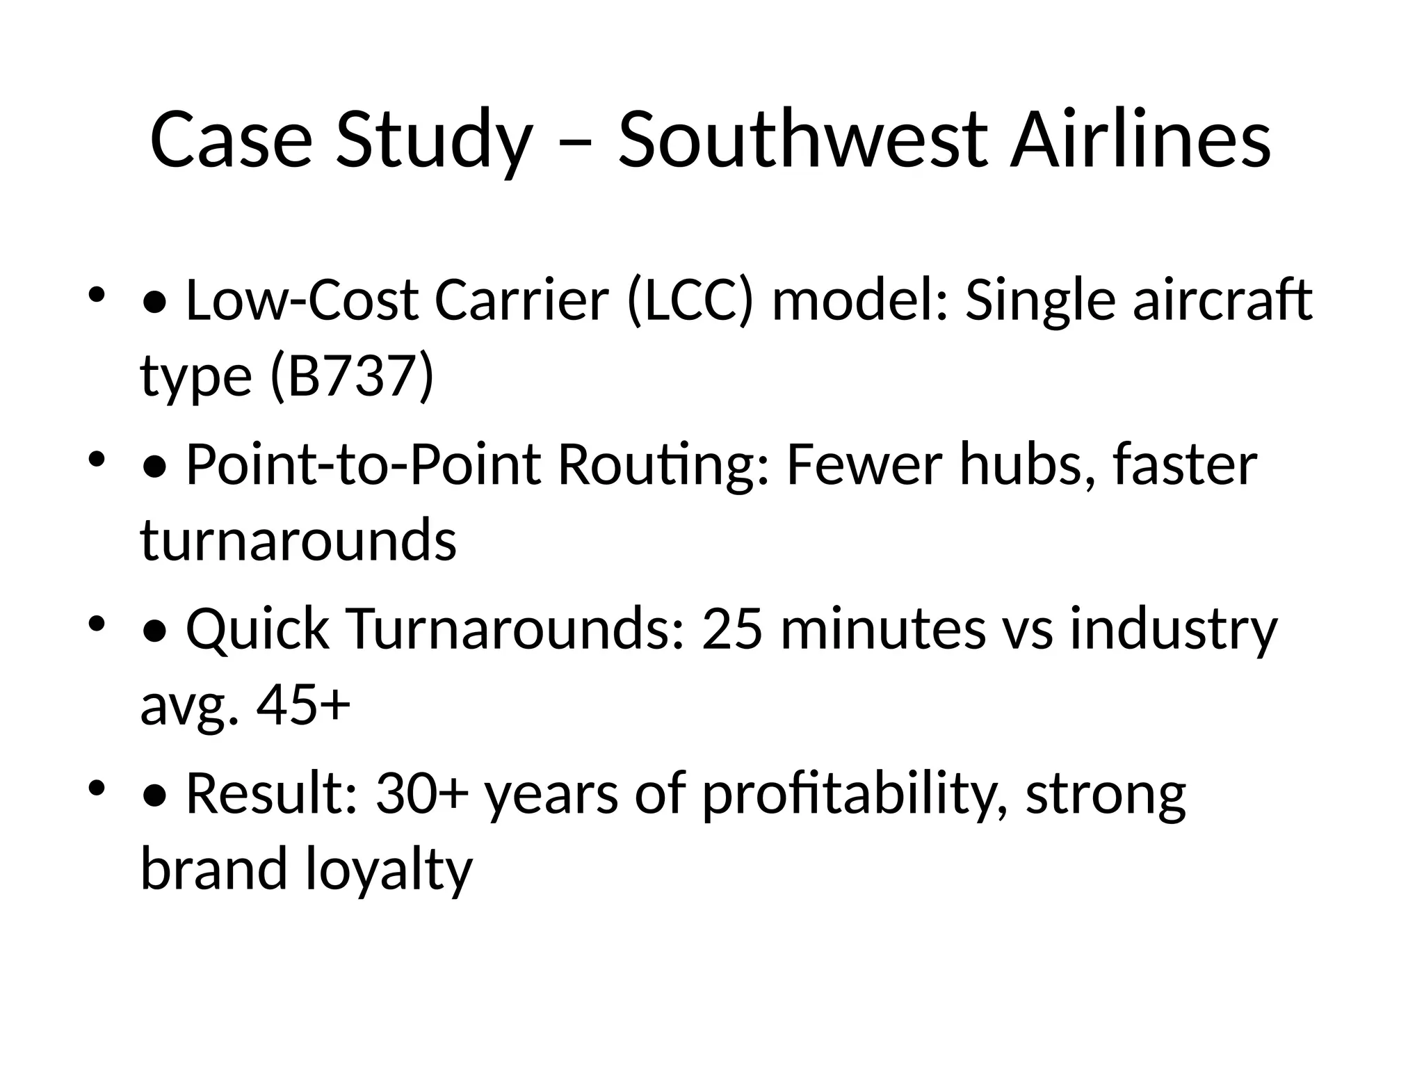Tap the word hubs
(1028, 464)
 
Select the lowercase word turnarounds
(299, 540)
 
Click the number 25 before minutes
(732, 629)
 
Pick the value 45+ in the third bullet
(303, 704)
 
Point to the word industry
(1173, 629)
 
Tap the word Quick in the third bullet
(257, 629)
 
